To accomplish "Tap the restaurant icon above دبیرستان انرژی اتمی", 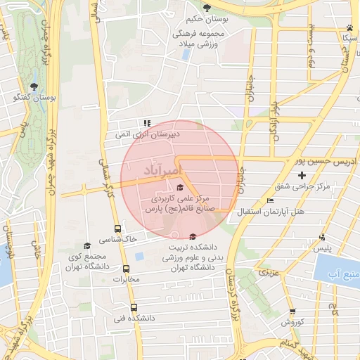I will tap(148, 122).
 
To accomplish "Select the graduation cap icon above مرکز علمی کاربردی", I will tap(179, 187).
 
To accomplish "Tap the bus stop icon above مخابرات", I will tap(127, 269).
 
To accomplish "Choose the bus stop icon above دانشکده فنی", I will tap(134, 307).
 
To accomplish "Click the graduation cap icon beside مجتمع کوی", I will tap(87, 245).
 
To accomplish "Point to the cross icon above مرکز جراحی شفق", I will tap(302, 174).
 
